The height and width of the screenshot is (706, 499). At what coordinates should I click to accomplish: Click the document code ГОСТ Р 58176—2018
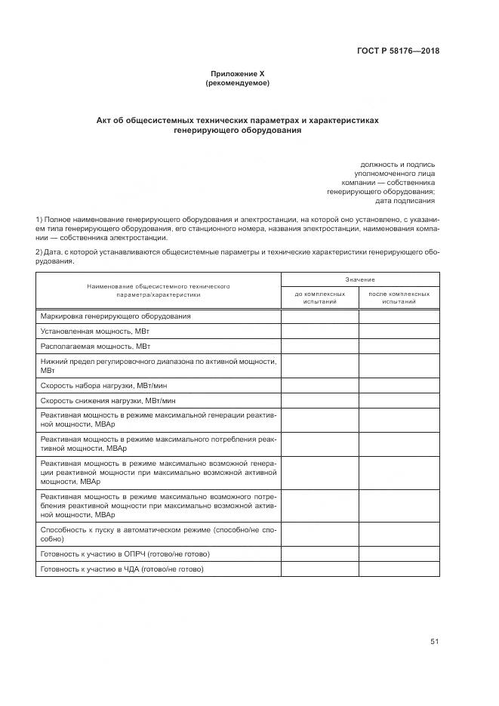(x=397, y=51)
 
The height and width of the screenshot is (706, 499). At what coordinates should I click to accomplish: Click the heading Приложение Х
(x=238, y=74)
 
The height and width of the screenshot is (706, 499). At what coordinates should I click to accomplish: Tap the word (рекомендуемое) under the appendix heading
(x=238, y=83)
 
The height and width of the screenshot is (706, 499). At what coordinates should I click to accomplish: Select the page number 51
(x=435, y=641)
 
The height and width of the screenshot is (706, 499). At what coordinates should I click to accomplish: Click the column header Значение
(x=360, y=279)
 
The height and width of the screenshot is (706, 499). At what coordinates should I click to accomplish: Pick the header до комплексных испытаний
(x=320, y=298)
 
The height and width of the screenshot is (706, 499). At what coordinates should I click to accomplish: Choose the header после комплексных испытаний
(x=399, y=298)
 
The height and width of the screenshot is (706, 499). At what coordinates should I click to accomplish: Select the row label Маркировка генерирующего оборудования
(x=116, y=316)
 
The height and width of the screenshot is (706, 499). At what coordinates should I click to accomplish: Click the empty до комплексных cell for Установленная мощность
(x=320, y=331)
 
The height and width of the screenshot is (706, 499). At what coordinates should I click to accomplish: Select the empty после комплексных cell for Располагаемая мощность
(x=399, y=346)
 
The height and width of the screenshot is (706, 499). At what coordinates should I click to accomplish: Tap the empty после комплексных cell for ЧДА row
(x=399, y=569)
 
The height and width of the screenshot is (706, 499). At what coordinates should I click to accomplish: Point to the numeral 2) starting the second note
(x=39, y=251)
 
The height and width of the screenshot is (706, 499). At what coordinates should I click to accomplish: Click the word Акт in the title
(x=105, y=120)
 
